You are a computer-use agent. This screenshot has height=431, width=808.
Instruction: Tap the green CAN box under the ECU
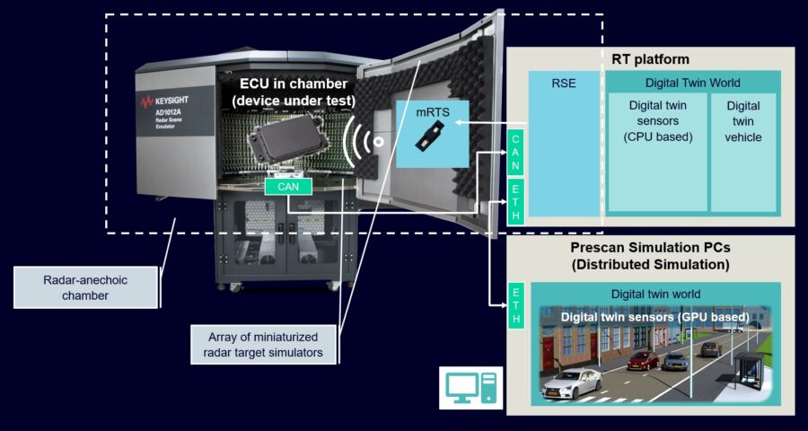click(288, 187)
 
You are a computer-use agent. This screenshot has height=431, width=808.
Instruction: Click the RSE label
click(564, 84)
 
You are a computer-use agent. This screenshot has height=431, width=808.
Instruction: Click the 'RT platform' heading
click(650, 59)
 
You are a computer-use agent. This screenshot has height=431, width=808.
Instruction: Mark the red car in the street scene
click(642, 361)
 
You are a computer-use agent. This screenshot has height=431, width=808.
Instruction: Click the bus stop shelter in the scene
click(748, 370)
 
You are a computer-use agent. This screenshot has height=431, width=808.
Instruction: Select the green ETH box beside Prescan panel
click(517, 306)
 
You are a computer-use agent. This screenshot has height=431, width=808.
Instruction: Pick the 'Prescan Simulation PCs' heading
click(650, 255)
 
